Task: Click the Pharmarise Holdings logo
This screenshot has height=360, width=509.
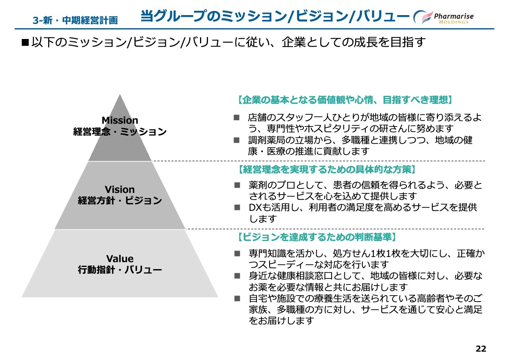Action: pyautogui.click(x=443, y=17)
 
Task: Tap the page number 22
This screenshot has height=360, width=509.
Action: pyautogui.click(x=481, y=348)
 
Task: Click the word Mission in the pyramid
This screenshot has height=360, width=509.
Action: pyautogui.click(x=120, y=120)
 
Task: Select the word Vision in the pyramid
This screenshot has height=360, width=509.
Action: pyautogui.click(x=120, y=189)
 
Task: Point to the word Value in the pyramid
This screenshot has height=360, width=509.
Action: pyautogui.click(x=120, y=259)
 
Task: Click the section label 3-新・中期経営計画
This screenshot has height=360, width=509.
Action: pyautogui.click(x=75, y=20)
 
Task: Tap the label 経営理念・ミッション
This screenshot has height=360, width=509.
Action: pyautogui.click(x=120, y=132)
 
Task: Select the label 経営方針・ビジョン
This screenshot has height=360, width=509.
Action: pyautogui.click(x=120, y=200)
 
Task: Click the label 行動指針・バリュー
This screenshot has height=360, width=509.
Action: pyautogui.click(x=120, y=270)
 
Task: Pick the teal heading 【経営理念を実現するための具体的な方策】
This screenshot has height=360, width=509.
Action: pyautogui.click(x=327, y=169)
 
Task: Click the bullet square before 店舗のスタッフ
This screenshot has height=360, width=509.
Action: pyautogui.click(x=237, y=117)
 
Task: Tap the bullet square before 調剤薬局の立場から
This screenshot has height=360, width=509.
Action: pyautogui.click(x=237, y=140)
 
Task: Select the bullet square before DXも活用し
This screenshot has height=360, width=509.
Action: pyautogui.click(x=237, y=207)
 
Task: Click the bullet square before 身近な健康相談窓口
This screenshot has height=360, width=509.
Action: pyautogui.click(x=237, y=276)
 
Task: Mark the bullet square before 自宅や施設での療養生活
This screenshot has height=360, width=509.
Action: pyautogui.click(x=237, y=298)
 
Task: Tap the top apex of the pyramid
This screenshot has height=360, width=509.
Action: pyautogui.click(x=120, y=94)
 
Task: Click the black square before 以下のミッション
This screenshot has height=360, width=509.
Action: pyautogui.click(x=25, y=43)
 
